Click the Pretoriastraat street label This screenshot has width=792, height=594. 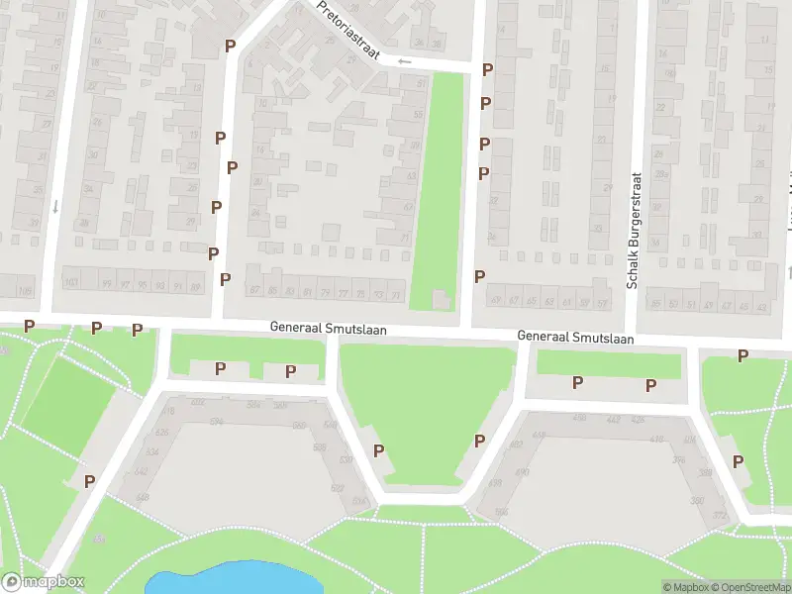pos(349,30)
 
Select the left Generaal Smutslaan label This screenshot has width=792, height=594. pos(330,328)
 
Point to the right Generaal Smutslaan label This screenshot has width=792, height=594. pos(575,338)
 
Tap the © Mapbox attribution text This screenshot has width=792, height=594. pos(686,587)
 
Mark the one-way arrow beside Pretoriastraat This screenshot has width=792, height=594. pos(404,61)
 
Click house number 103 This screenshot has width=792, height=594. pos(70,283)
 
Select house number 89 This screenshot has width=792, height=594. pos(196,286)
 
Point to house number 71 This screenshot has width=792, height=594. pos(404,239)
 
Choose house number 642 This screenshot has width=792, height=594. pos(142,471)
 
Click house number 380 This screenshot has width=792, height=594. pos(697,501)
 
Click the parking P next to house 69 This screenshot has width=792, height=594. pos(480,276)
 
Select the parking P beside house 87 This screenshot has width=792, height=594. pos(225,279)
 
